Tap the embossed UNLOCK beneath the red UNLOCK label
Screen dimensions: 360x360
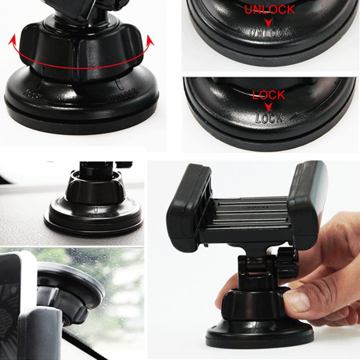pyautogui.click(x=269, y=33)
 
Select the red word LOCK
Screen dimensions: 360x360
pyautogui.click(x=268, y=95)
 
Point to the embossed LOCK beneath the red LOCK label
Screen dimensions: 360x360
pyautogui.click(x=268, y=117)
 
